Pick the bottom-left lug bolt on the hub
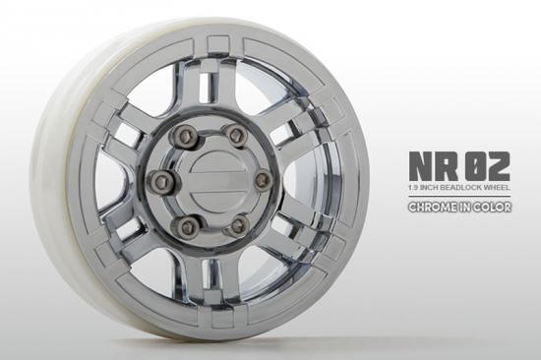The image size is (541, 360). [183, 227]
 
